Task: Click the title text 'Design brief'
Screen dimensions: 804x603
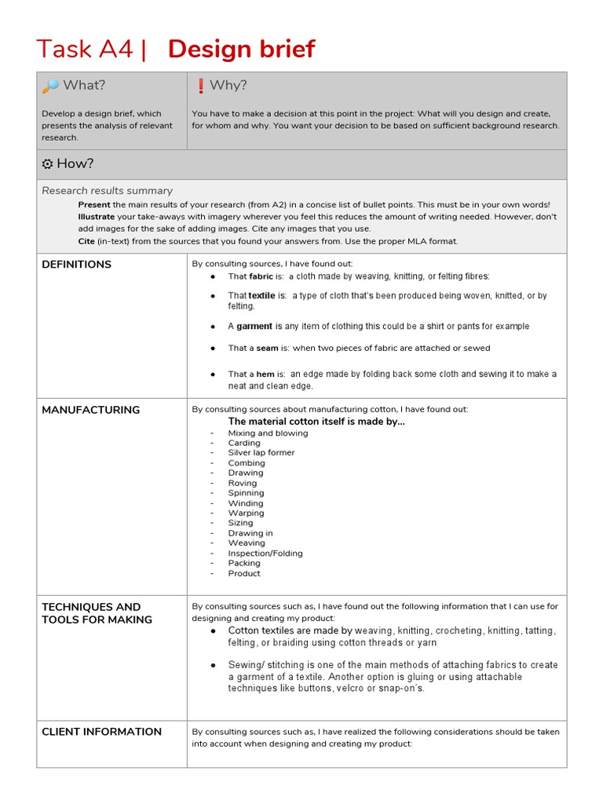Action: click(x=241, y=49)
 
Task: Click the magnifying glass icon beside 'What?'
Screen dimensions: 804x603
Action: click(x=49, y=86)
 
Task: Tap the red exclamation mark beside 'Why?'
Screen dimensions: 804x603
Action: click(x=200, y=86)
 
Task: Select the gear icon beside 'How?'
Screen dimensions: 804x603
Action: click(x=47, y=163)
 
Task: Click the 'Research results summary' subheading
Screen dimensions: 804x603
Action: click(x=107, y=191)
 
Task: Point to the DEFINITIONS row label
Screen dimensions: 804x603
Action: click(x=76, y=265)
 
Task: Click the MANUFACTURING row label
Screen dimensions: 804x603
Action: click(x=90, y=410)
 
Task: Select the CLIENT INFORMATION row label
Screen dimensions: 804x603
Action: click(x=101, y=732)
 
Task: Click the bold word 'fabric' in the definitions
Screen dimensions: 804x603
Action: click(x=261, y=276)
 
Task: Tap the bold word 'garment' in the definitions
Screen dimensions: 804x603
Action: click(x=254, y=326)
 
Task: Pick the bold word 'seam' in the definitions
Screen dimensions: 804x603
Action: click(x=267, y=348)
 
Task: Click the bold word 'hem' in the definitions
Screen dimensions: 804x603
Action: click(x=265, y=375)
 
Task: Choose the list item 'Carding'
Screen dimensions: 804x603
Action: click(x=244, y=443)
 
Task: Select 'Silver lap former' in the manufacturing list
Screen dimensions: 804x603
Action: click(x=261, y=453)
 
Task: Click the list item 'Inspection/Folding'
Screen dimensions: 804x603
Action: click(x=265, y=554)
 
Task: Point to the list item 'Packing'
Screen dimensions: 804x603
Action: click(x=244, y=563)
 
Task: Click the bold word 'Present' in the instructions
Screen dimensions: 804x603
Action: click(x=94, y=204)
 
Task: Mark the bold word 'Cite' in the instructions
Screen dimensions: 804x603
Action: click(x=86, y=241)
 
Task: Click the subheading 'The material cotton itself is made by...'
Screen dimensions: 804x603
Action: click(x=316, y=422)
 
